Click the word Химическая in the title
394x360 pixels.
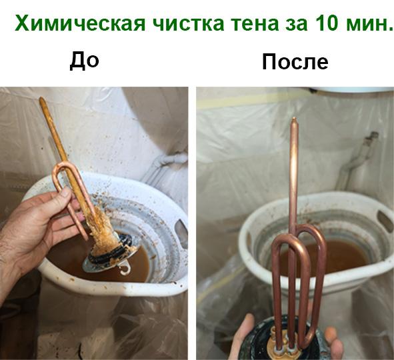[x=78, y=25]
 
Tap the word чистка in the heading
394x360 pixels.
[x=185, y=25]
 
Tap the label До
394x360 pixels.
[x=85, y=61]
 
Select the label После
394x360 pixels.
[x=295, y=62]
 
